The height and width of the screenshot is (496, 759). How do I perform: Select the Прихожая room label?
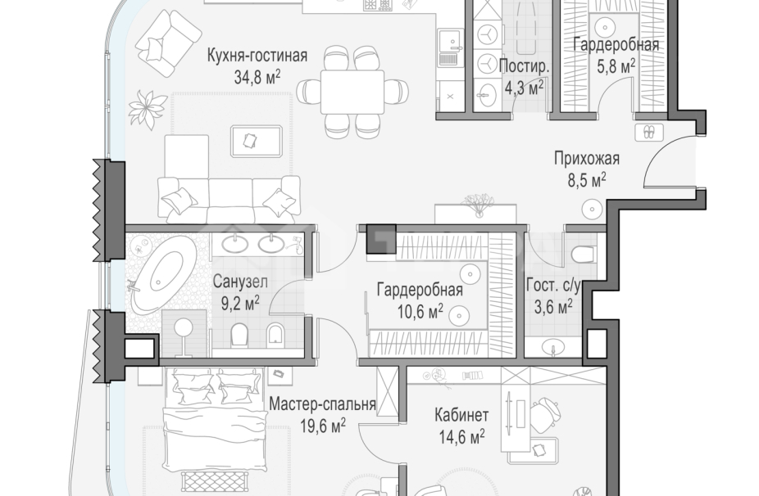tap(586, 159)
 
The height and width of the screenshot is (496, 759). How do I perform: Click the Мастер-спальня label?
tap(322, 404)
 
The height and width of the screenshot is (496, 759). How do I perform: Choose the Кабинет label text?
tap(461, 414)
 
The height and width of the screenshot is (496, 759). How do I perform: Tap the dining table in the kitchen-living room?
tap(352, 90)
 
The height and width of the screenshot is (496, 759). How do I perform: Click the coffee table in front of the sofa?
tap(259, 140)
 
